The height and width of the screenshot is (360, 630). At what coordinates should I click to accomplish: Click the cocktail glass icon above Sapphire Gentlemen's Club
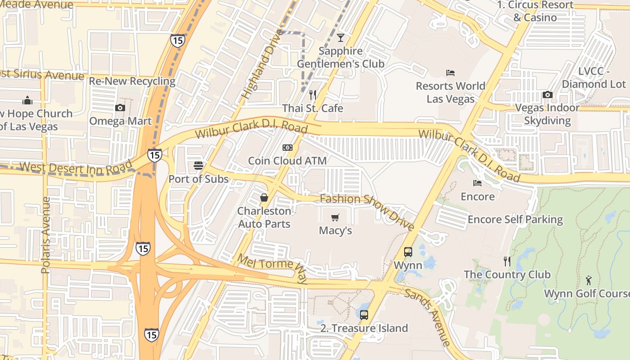[x=341, y=37]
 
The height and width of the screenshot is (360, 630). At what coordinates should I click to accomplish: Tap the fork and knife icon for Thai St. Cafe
[x=313, y=94]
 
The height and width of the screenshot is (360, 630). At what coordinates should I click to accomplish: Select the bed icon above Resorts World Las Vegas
[x=450, y=72]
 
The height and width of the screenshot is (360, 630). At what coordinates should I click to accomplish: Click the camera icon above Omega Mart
[x=120, y=108]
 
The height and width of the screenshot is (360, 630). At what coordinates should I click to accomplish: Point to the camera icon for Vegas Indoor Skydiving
[x=547, y=94]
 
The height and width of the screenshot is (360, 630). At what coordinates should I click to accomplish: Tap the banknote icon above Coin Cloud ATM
[x=288, y=148]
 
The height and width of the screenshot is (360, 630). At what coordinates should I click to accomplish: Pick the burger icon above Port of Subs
[x=198, y=166]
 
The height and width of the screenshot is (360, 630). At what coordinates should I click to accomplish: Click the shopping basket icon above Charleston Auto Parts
[x=264, y=198]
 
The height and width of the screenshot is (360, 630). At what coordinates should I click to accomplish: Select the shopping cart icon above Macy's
[x=335, y=218]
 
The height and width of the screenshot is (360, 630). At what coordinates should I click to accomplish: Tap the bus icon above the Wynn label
[x=408, y=252]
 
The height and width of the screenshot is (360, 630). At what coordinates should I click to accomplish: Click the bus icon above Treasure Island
[x=364, y=315]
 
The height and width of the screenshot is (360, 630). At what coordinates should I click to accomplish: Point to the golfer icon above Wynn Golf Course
[x=589, y=280]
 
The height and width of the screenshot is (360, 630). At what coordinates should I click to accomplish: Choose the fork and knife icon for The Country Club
[x=507, y=261]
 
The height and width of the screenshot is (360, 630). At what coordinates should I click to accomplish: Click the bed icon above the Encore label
[x=477, y=183]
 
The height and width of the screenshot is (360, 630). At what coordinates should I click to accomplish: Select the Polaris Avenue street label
[x=45, y=235]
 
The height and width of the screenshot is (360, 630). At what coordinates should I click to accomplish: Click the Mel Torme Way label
[x=272, y=269]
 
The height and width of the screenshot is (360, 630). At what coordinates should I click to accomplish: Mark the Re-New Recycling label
[x=132, y=81]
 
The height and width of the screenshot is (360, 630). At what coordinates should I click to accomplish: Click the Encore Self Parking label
[x=515, y=220]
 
